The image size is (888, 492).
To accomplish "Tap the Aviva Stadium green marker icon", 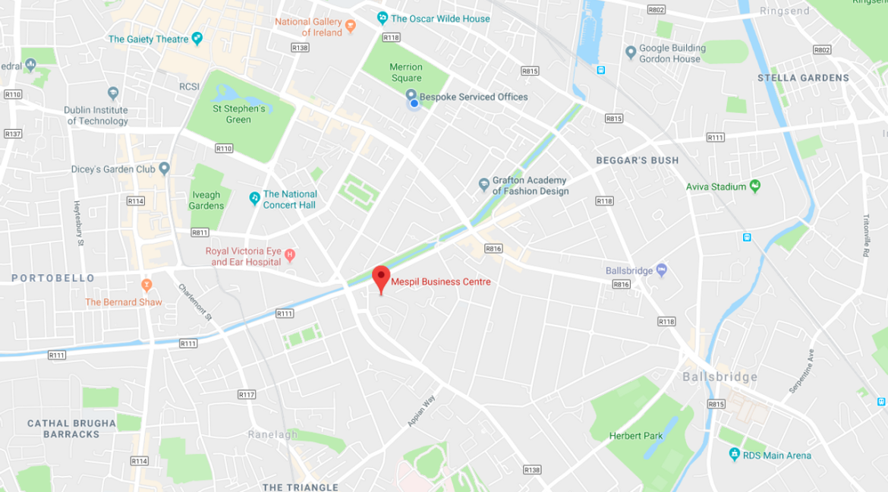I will coord(754,185).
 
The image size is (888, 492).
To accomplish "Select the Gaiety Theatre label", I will coord(149,39).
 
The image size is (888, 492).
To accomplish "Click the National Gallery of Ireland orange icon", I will coord(350,26).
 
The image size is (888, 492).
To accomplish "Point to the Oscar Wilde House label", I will coord(440,18).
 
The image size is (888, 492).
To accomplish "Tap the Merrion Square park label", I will coord(406,73).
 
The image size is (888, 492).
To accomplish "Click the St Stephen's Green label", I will coord(238,114).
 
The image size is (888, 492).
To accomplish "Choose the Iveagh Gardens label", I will coord(206,200).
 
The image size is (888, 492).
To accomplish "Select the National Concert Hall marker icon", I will coord(254,198).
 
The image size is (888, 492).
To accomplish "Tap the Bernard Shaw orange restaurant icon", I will coord(146,285).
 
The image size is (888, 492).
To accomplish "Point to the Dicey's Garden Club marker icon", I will coord(164,169).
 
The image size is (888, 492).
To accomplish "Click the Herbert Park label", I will coord(636,436).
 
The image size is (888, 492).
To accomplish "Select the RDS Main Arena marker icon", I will coord(734,454).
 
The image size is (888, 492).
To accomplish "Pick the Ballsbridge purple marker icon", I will coord(661,270).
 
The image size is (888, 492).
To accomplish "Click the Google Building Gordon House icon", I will coord(630,52).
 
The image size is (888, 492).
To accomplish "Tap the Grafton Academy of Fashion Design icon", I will coord(483,184).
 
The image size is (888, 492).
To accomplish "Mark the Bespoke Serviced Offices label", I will coord(474,97).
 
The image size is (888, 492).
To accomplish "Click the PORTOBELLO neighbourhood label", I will coord(53,278).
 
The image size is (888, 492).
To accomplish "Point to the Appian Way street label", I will coord(421,411).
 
